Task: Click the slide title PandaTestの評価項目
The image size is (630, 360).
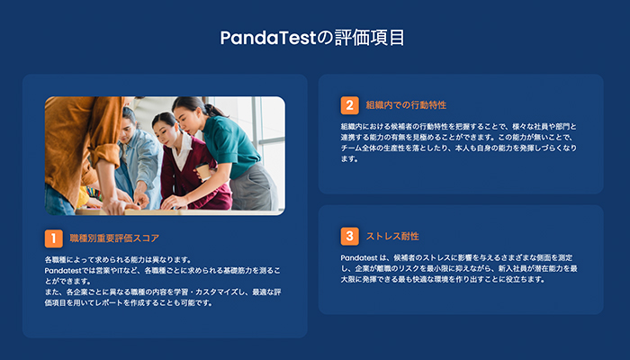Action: (x=312, y=38)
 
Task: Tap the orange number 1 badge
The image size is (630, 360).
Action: (x=53, y=238)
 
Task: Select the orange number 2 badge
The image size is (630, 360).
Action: (x=349, y=105)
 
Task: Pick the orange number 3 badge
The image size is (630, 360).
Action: (x=349, y=236)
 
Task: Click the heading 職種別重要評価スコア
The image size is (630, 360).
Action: (x=114, y=238)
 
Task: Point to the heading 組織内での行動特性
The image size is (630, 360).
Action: (x=406, y=105)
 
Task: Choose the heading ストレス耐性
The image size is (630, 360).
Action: (x=392, y=236)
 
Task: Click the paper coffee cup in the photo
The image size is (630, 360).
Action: (x=203, y=172)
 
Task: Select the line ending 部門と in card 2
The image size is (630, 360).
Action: (x=458, y=127)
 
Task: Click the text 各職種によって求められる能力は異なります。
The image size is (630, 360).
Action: (x=118, y=259)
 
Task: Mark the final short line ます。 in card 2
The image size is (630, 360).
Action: (x=349, y=158)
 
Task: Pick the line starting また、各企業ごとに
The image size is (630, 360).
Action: (x=163, y=292)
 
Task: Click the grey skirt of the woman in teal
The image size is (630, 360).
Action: (x=253, y=187)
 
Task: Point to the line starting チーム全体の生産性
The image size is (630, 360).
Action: (x=458, y=148)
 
